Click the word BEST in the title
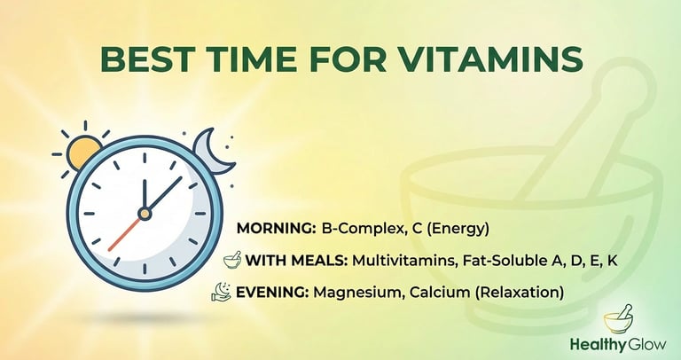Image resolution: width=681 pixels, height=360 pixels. [142, 59]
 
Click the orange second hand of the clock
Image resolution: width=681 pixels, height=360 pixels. [124, 233]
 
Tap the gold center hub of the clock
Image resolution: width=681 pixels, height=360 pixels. [145, 214]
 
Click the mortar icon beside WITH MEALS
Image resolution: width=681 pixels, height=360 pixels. [232, 260]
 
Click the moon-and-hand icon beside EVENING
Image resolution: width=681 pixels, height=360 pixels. [221, 292]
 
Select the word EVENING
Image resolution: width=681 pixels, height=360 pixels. [272, 293]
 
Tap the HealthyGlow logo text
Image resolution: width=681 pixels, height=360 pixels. [618, 345]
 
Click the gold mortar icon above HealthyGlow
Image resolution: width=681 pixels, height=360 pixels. [618, 319]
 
